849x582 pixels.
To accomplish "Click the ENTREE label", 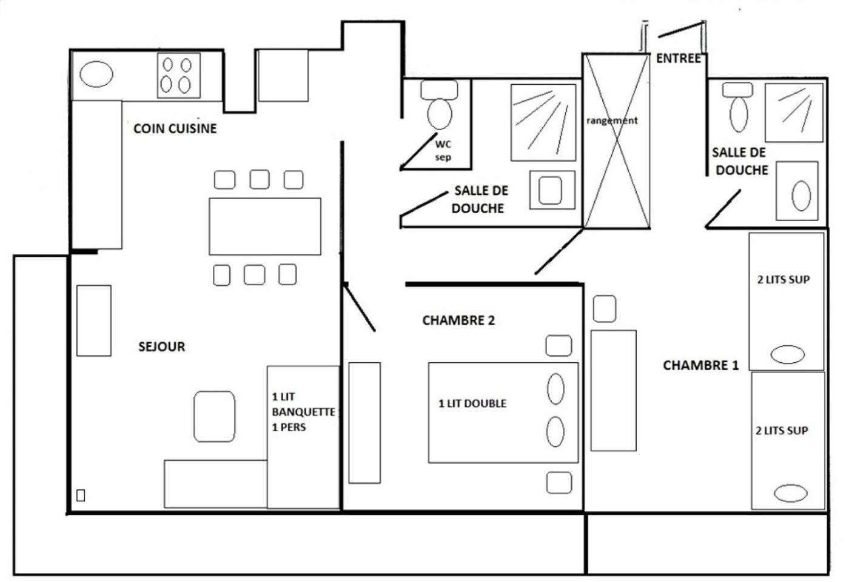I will (678, 58).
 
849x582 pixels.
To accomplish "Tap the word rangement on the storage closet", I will (612, 121).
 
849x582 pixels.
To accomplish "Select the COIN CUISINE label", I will (175, 128).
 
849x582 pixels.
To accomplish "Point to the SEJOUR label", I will (161, 346).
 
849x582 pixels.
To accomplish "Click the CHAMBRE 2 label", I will (458, 320).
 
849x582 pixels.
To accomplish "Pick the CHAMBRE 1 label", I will (700, 365).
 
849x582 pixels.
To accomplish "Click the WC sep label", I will (443, 151).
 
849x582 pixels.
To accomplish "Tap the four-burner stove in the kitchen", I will (179, 75).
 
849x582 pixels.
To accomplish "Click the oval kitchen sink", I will (96, 74).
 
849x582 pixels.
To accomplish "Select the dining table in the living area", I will (265, 226).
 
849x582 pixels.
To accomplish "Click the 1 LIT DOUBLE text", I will (472, 403).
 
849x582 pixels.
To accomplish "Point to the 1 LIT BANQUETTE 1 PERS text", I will (302, 412).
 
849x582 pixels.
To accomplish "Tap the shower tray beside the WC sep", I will (543, 122).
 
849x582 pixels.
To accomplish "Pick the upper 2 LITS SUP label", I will (783, 280).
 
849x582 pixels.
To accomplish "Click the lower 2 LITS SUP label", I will (782, 431).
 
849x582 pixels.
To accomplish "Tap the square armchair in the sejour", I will (214, 416).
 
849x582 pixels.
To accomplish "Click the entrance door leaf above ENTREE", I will (680, 29).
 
